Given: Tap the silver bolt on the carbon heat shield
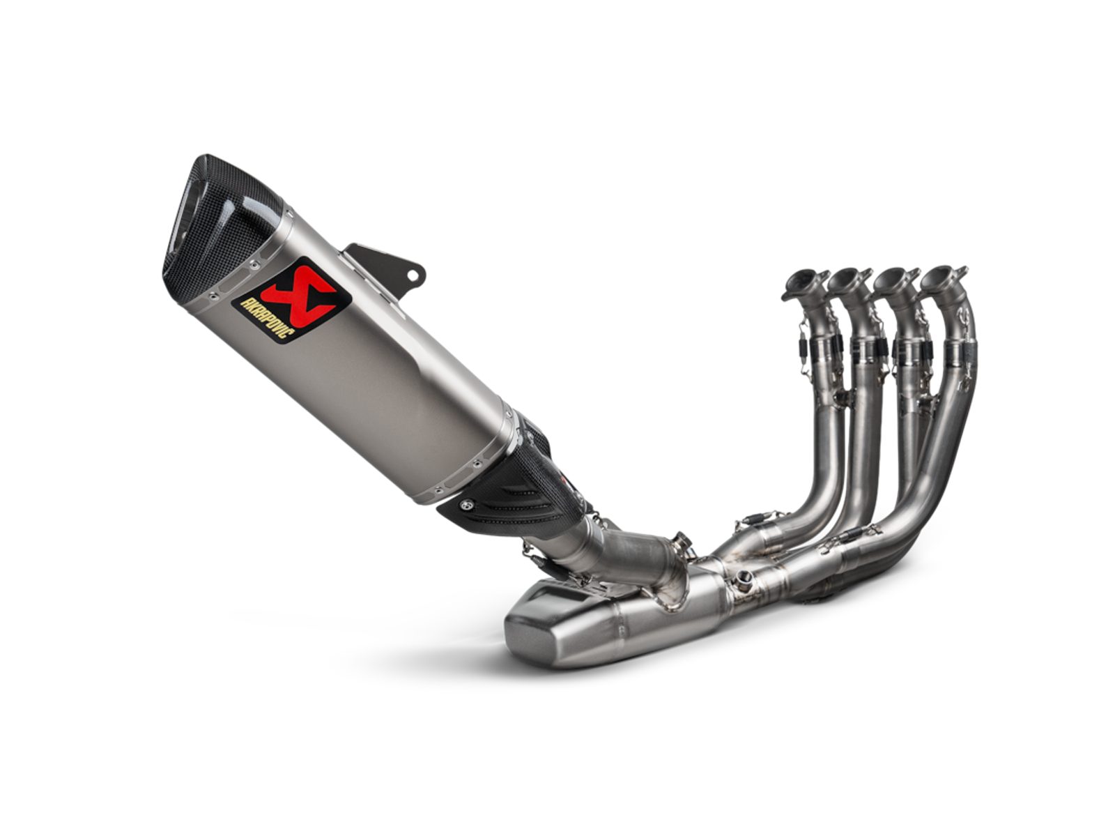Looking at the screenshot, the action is point(466,504).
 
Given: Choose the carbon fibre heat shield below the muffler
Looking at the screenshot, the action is point(513,488).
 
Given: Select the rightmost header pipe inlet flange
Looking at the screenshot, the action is point(944,278).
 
